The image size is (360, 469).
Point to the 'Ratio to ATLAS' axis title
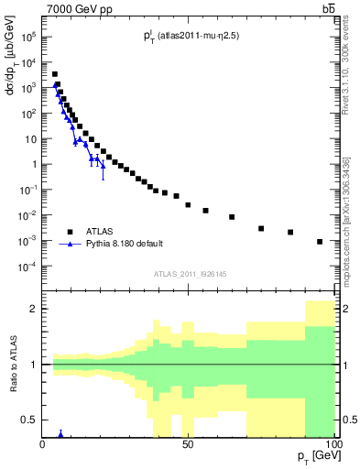pos(13,364)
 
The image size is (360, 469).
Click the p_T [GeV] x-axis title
pos(315,455)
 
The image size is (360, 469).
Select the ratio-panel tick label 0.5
pos(29,420)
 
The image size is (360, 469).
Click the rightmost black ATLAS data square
pos(320,241)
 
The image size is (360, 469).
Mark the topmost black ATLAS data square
pos(55,74)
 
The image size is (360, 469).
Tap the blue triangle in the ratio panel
pos(60,433)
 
